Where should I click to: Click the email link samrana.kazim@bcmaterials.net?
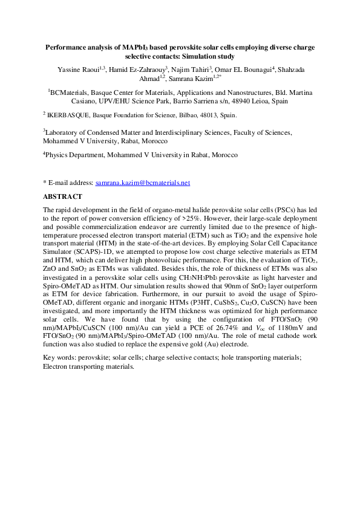coord(143,183)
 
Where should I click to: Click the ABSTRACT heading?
coord(64,196)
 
